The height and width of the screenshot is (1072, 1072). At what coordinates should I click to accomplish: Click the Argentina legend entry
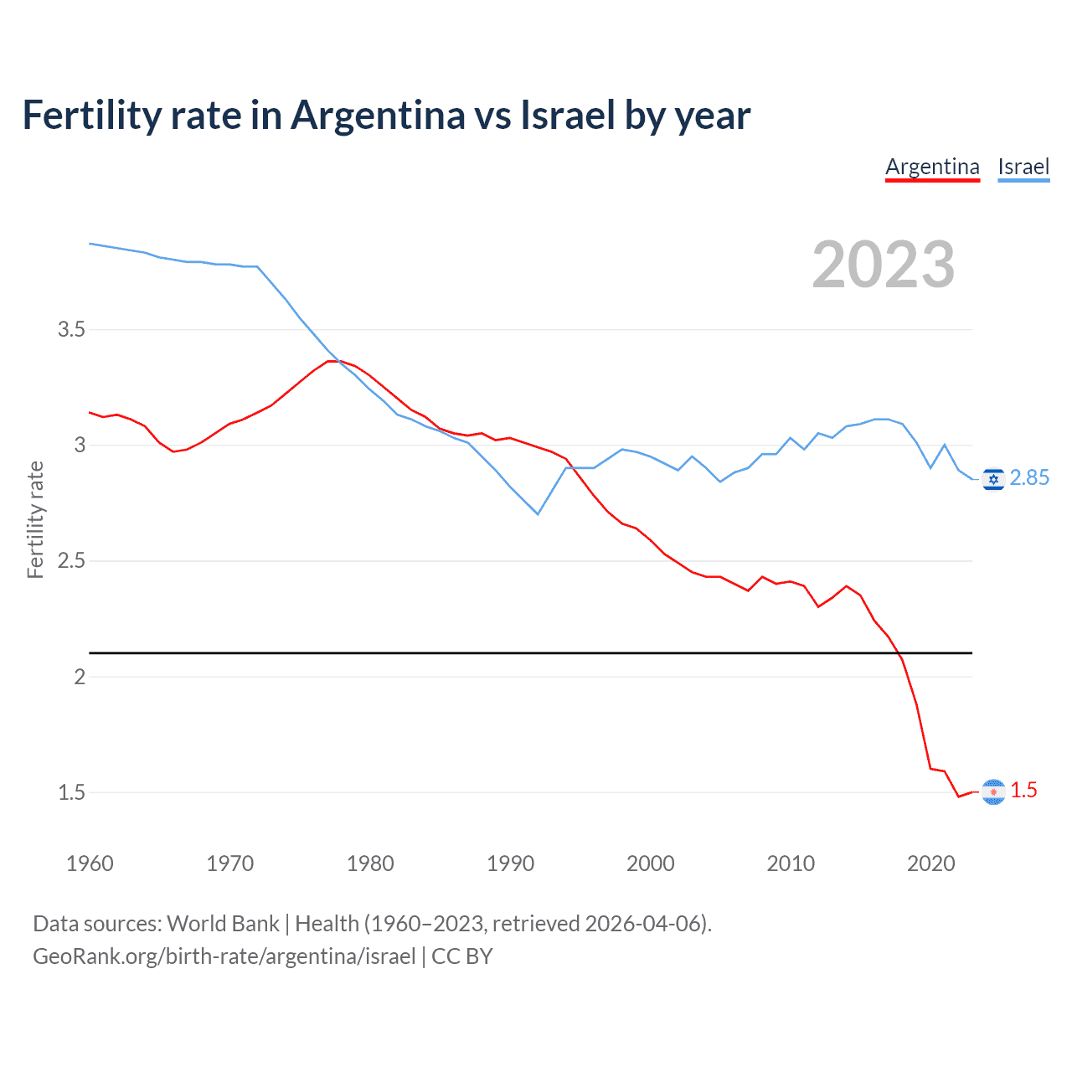[x=932, y=167]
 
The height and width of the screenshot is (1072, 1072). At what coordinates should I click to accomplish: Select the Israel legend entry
[x=1023, y=167]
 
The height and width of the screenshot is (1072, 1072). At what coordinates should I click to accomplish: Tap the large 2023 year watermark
[x=884, y=265]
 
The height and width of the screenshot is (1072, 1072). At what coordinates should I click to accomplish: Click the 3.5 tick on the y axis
[x=72, y=329]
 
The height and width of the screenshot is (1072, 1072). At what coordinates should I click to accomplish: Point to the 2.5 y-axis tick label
[x=72, y=560]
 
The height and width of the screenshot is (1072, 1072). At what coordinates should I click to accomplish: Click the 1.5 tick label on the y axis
[x=72, y=792]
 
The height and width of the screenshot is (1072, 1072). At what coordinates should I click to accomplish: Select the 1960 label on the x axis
[x=90, y=863]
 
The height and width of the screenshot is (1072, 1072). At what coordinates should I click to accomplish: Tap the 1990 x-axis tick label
[x=510, y=863]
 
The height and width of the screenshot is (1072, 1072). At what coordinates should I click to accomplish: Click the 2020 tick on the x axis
[x=930, y=863]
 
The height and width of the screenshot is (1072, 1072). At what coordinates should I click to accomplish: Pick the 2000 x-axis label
[x=650, y=863]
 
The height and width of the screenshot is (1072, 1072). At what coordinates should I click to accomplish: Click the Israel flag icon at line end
[x=993, y=478]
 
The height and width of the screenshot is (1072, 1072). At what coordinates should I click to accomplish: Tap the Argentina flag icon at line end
[x=993, y=791]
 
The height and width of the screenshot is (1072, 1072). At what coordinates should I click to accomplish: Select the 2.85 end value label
[x=1029, y=477]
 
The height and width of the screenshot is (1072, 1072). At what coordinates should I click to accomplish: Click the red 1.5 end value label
[x=1023, y=790]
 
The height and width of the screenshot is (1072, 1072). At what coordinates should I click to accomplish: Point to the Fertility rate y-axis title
[x=35, y=519]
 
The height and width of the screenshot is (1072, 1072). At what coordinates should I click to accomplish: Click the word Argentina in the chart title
[x=378, y=115]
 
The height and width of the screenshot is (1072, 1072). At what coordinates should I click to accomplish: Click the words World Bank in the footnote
[x=223, y=923]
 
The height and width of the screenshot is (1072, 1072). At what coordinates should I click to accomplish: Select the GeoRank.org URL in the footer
[x=224, y=956]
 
